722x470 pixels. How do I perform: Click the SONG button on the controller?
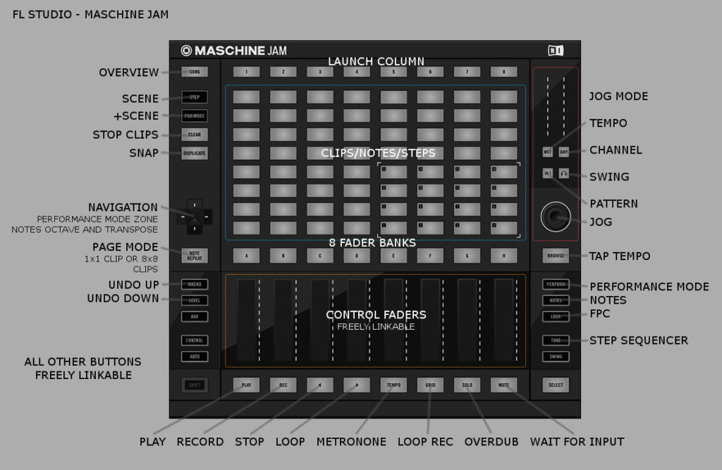195,72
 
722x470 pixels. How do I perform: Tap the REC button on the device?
283,385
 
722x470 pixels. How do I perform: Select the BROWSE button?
556,256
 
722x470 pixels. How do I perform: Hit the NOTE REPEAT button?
195,256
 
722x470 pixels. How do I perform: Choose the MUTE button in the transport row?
503,385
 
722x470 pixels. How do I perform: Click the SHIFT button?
195,385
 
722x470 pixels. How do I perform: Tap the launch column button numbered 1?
246,72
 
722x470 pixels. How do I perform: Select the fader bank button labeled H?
503,256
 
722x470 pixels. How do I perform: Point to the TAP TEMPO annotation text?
620,256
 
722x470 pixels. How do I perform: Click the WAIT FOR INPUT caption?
577,442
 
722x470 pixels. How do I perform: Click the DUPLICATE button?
195,153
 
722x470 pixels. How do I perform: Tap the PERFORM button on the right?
556,285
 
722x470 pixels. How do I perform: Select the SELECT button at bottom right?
556,385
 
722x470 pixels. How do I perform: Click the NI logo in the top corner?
556,50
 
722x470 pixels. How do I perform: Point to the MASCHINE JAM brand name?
234,51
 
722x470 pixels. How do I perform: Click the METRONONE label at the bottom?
351,442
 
